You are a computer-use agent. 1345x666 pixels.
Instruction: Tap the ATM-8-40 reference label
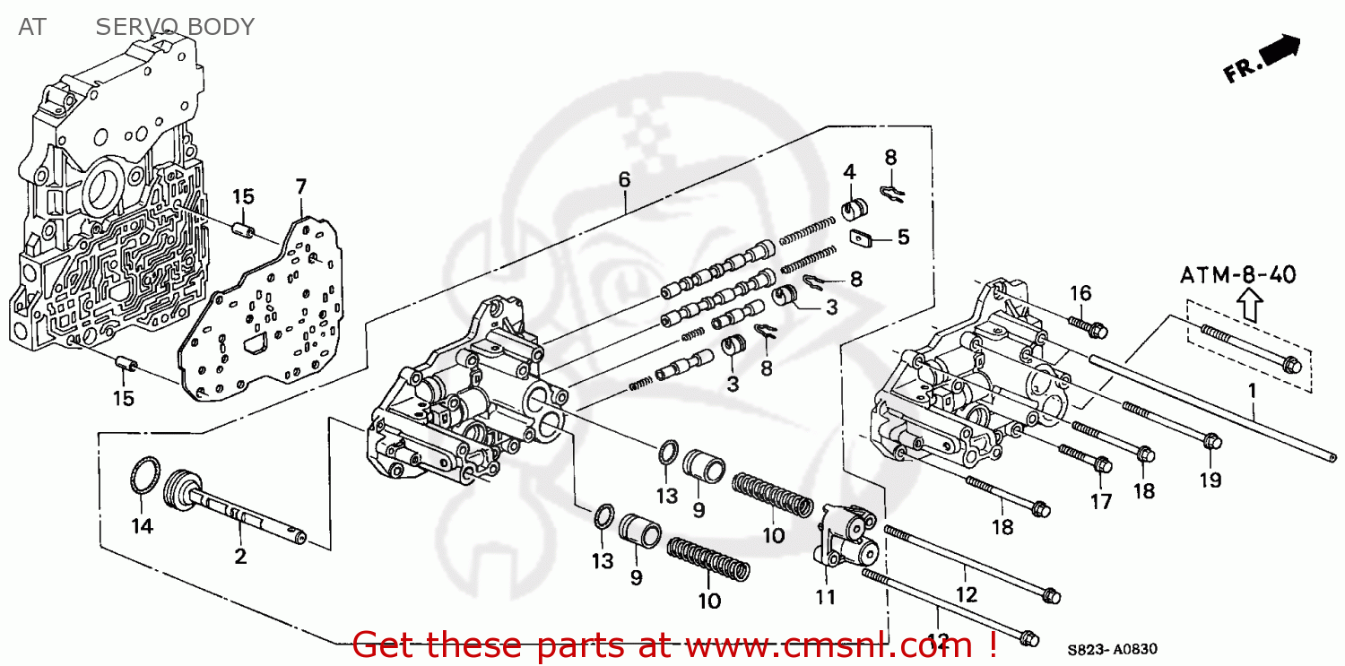[1237, 275]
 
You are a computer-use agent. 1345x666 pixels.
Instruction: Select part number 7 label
[300, 186]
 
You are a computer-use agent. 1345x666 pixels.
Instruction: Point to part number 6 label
[624, 179]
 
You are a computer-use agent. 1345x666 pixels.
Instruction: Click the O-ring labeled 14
[144, 476]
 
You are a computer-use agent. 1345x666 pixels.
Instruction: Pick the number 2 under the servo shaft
[240, 557]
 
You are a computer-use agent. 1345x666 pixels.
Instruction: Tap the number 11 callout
[826, 597]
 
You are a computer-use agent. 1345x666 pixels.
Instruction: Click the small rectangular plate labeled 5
[861, 238]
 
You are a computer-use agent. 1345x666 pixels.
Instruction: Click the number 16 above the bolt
[1080, 293]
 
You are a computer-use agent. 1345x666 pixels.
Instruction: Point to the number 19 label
[1210, 480]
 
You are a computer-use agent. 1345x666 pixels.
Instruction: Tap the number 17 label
[1100, 502]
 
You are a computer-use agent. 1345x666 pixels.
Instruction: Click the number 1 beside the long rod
[1252, 391]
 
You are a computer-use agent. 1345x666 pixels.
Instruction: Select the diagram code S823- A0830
[1112, 649]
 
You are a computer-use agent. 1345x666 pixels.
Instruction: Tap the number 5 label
[903, 237]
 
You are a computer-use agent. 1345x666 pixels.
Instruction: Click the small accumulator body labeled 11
[847, 535]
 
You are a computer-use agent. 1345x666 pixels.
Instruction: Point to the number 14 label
[143, 526]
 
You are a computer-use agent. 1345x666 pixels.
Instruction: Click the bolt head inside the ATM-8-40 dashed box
[1291, 365]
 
